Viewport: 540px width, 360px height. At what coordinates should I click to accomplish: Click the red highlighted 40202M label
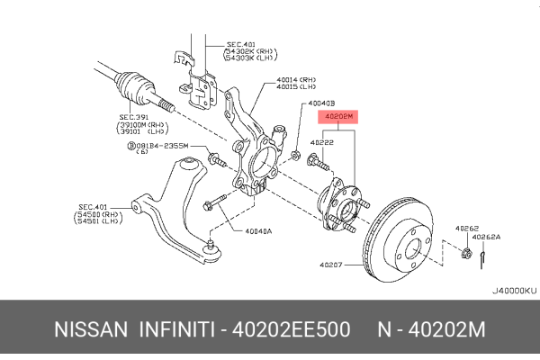pos(338,117)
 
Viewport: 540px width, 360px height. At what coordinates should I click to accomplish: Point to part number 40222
pos(322,141)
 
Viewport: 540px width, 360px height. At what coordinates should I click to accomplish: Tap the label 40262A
pos(487,238)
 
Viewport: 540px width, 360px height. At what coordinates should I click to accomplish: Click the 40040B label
pos(321,103)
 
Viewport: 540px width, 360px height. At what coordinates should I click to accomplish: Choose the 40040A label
pos(258,230)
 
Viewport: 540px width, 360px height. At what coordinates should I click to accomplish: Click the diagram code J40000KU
pos(514,291)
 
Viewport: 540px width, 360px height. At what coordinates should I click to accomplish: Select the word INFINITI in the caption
pos(176,330)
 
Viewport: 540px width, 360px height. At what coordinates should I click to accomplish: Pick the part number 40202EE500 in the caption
pos(289,330)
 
